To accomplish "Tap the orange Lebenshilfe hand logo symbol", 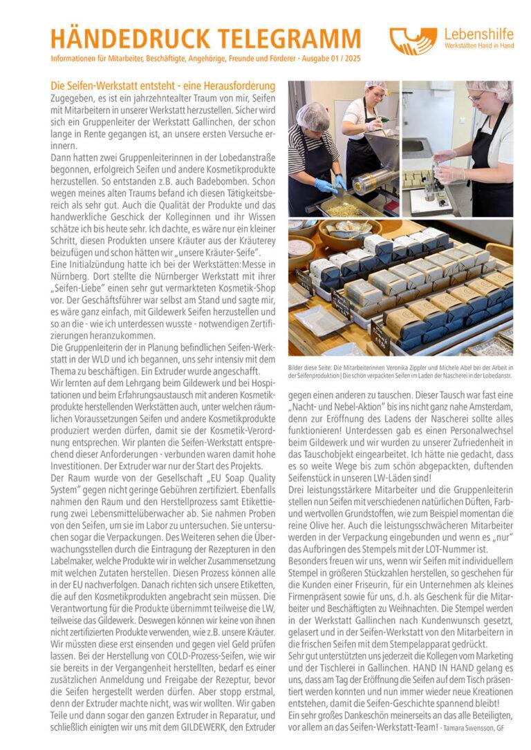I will (x=413, y=41).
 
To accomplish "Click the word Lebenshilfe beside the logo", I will (x=478, y=34).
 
